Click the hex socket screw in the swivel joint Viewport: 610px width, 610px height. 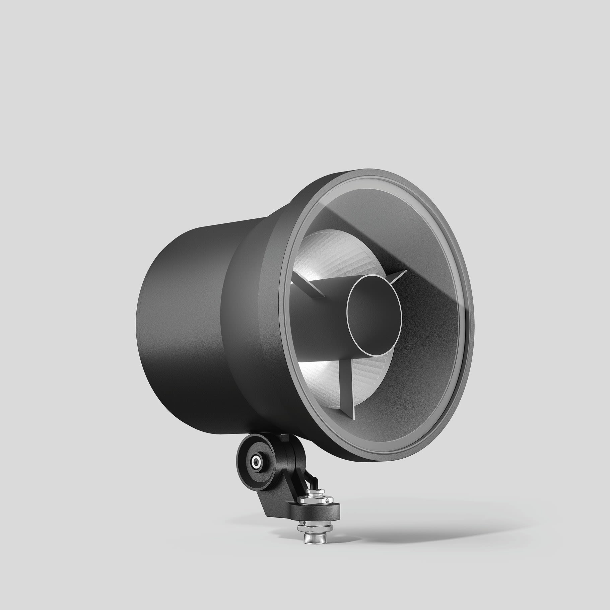256,462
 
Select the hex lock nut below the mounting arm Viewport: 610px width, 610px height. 315,528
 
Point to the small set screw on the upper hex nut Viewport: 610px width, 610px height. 328,500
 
